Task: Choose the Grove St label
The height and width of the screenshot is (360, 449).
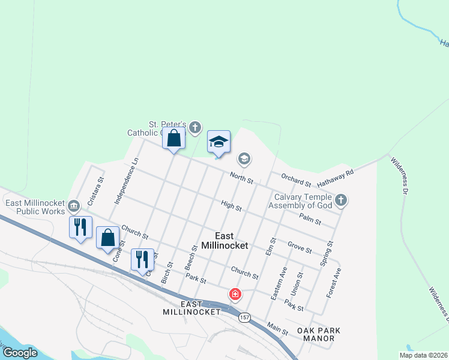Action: (300, 247)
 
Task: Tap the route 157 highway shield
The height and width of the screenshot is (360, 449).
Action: (244, 316)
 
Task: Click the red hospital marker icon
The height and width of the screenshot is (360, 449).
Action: (235, 294)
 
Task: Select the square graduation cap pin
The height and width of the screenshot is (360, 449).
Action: (218, 143)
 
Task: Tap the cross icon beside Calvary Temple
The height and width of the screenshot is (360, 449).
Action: (341, 200)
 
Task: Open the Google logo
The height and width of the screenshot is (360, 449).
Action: (20, 353)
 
